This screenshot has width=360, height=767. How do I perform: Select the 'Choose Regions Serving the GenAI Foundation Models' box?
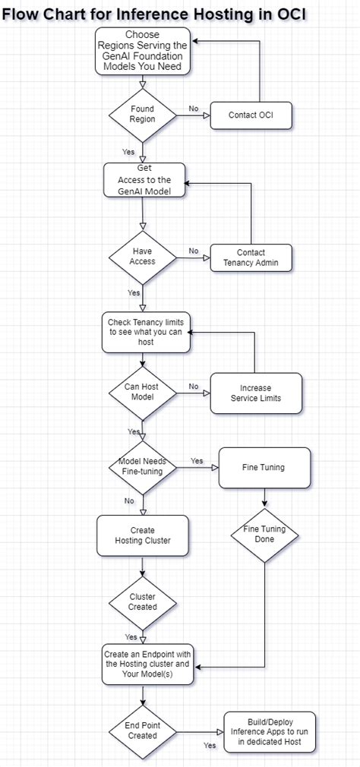[x=142, y=52]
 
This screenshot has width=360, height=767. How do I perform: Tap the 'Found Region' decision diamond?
[x=142, y=115]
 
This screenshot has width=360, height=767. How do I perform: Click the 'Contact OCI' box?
[x=251, y=115]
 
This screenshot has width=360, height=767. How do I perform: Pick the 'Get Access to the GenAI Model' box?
[x=144, y=180]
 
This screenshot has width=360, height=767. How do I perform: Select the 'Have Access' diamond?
[x=142, y=256]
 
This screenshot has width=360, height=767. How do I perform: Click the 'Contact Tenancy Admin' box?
[x=251, y=257]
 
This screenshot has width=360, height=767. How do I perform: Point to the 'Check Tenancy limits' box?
[x=146, y=332]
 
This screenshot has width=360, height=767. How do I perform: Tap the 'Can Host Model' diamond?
[x=142, y=392]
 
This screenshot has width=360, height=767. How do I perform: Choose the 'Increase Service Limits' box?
[x=255, y=393]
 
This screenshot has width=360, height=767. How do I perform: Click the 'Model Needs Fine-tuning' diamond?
[x=142, y=466]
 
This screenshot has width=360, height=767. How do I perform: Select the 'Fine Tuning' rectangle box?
[x=264, y=467]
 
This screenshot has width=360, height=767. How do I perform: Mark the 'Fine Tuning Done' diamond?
[x=264, y=534]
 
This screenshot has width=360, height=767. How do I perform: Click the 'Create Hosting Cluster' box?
[x=142, y=535]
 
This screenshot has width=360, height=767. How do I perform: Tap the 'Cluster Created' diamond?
[x=142, y=602]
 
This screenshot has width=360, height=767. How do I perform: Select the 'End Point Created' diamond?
[x=142, y=731]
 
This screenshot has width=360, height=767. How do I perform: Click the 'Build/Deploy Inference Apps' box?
[x=270, y=731]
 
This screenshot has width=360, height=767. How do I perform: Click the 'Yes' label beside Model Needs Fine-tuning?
[x=197, y=461]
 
